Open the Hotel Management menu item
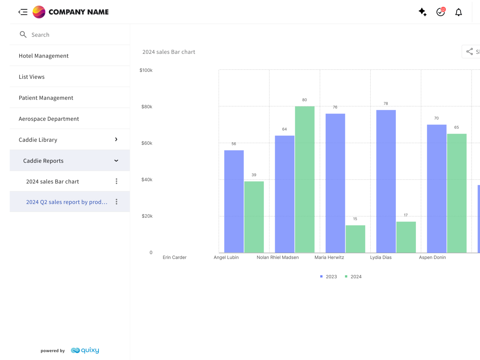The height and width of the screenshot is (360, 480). pyautogui.click(x=44, y=56)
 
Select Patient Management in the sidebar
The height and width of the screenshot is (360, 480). pyautogui.click(x=46, y=98)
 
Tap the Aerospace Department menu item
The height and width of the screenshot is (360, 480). pyautogui.click(x=49, y=119)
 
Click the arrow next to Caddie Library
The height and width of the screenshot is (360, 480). pyautogui.click(x=116, y=139)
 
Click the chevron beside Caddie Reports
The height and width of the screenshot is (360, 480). pyautogui.click(x=116, y=161)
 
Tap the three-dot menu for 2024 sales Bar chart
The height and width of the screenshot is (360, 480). pyautogui.click(x=117, y=181)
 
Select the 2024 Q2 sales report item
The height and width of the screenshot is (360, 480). pyautogui.click(x=67, y=202)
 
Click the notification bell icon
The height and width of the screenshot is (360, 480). pyautogui.click(x=458, y=12)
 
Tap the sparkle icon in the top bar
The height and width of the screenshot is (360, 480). pyautogui.click(x=422, y=12)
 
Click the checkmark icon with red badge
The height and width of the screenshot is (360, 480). pyautogui.click(x=441, y=12)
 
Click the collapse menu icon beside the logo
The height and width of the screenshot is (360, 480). pyautogui.click(x=23, y=12)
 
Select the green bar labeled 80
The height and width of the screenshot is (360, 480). pyautogui.click(x=305, y=179)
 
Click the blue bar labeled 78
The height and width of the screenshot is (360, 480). pyautogui.click(x=386, y=181)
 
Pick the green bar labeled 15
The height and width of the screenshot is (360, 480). pyautogui.click(x=355, y=239)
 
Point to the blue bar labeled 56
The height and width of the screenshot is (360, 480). pyautogui.click(x=234, y=201)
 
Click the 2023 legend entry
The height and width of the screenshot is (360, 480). pyautogui.click(x=328, y=277)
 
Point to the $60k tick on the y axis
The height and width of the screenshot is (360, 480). pyautogui.click(x=147, y=143)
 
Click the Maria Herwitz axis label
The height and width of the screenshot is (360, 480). pyautogui.click(x=329, y=257)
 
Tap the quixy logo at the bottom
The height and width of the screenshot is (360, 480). pyautogui.click(x=85, y=350)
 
